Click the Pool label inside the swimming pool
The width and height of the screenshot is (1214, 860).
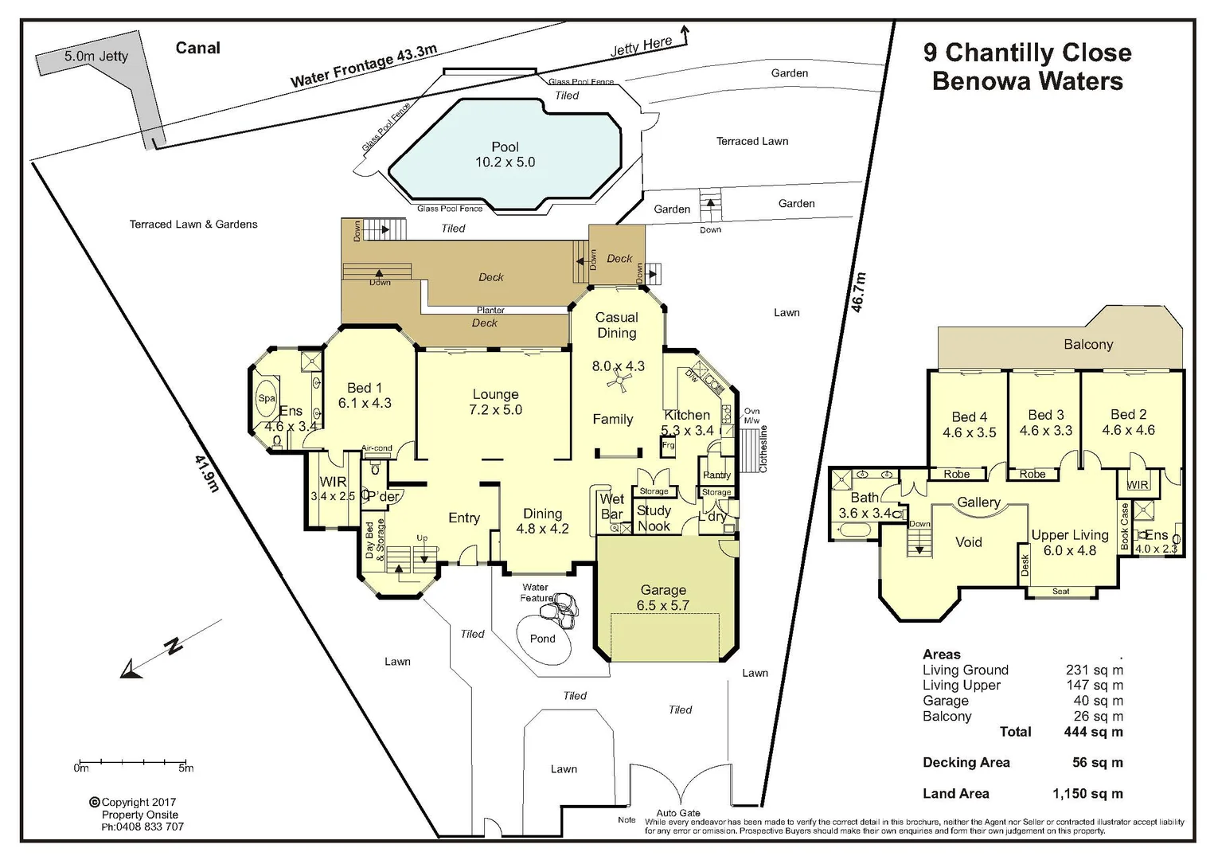tap(505, 147)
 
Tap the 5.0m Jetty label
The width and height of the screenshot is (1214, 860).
tap(96, 56)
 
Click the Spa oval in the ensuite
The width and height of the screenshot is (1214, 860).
tap(267, 398)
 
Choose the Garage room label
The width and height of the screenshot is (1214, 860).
tap(662, 590)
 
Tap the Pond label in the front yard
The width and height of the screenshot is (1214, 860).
tap(542, 639)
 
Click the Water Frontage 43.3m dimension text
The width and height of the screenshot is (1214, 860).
tap(363, 66)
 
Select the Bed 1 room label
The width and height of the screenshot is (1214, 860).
tap(364, 388)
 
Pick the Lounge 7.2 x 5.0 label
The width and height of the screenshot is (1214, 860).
tap(495, 402)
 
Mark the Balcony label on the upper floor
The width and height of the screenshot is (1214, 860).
tap(1087, 345)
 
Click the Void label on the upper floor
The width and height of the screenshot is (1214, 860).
tap(968, 542)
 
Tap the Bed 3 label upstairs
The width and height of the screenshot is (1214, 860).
tap(1045, 415)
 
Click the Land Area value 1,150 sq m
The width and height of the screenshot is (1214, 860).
tap(1087, 793)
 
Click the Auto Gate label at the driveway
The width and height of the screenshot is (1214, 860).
tap(678, 813)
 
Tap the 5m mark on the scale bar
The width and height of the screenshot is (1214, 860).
tap(185, 768)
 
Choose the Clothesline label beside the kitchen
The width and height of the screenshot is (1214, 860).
tap(763, 448)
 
